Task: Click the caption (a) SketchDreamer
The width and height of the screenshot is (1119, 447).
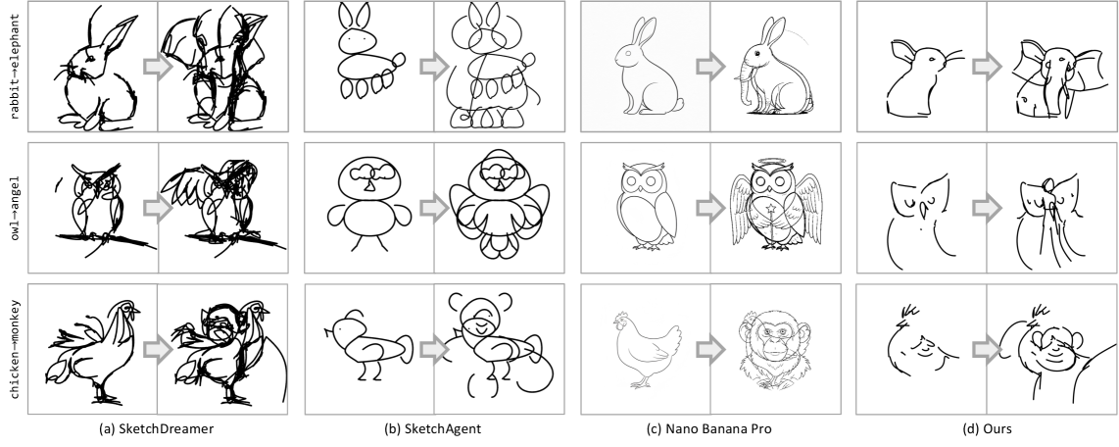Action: pos(157,429)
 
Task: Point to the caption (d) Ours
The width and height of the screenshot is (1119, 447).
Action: pos(987,429)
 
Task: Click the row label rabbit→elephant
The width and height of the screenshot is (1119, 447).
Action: pos(15,67)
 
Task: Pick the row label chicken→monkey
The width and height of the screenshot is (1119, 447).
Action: pos(15,349)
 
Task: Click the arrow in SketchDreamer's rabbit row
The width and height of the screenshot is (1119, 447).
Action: pos(158,67)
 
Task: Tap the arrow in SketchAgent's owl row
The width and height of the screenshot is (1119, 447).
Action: pos(434,208)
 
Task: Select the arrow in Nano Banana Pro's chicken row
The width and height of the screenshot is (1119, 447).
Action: pos(710,349)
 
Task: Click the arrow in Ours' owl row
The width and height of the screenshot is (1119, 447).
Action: pos(987,208)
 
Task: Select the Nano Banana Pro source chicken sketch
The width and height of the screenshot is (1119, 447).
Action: pos(645,349)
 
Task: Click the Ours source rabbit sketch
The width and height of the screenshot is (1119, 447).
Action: pos(924,77)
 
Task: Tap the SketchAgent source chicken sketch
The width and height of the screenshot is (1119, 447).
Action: pos(367,346)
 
